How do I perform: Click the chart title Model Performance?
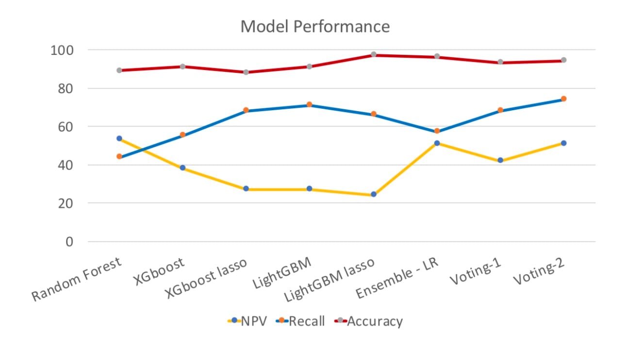pos(315,26)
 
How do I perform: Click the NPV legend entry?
pos(247,321)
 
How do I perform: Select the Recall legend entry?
pos(301,321)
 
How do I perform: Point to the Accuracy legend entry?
pos(369,321)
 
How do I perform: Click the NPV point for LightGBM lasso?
pos(373,195)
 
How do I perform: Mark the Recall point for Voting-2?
pos(564,99)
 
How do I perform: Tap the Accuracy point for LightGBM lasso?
pos(373,54)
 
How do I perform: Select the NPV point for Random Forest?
pos(119,138)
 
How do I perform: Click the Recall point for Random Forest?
pos(119,156)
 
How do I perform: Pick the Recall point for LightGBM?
pos(310,104)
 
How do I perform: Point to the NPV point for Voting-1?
pos(500,161)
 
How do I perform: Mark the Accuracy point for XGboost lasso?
pos(246,72)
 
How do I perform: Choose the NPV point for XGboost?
pos(182,168)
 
